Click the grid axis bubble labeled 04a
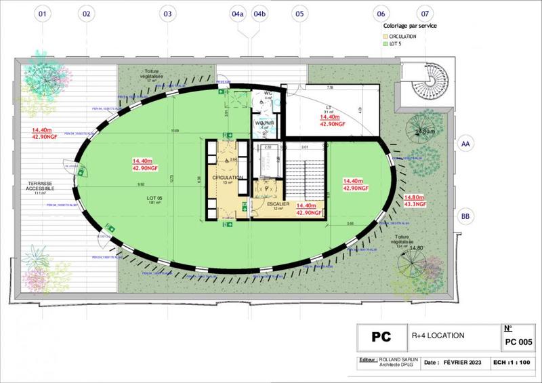[x=238, y=14]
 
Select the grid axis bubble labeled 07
[x=425, y=14]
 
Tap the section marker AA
[x=465, y=144]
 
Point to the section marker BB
[x=465, y=216]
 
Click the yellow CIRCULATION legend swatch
[x=385, y=35]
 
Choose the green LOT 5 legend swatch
[x=385, y=43]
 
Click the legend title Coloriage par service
[x=410, y=25]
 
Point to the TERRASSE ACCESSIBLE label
[x=46, y=184]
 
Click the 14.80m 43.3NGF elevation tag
[x=415, y=200]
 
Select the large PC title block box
[x=381, y=337]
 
